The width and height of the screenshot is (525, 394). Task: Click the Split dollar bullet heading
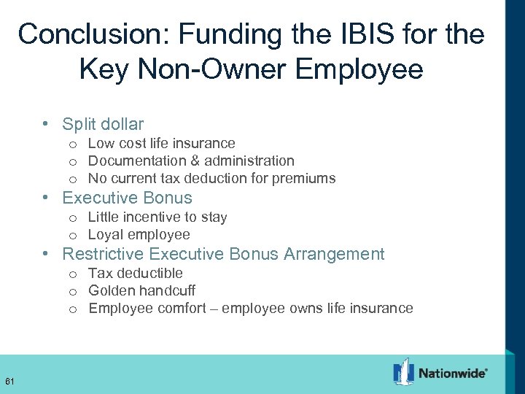pyautogui.click(x=103, y=124)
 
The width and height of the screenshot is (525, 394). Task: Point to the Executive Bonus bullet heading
pyautogui.click(x=127, y=198)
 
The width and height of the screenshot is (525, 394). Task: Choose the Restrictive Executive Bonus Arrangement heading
pyautogui.click(x=223, y=254)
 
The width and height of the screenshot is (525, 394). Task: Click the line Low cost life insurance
pyautogui.click(x=161, y=143)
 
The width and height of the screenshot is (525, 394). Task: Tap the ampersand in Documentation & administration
pyautogui.click(x=195, y=161)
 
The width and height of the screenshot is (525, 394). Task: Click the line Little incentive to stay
pyautogui.click(x=157, y=217)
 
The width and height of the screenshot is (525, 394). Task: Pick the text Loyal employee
pyautogui.click(x=139, y=234)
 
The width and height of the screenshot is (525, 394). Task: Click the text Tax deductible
pyautogui.click(x=135, y=273)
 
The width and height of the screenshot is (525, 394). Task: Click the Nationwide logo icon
pyautogui.click(x=403, y=372)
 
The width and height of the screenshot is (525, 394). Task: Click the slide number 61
pyautogui.click(x=9, y=381)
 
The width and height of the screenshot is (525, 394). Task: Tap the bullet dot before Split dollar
pyautogui.click(x=46, y=125)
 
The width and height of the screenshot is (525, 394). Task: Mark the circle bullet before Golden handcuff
pyautogui.click(x=74, y=291)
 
